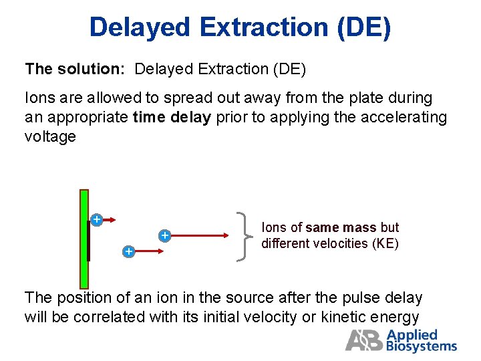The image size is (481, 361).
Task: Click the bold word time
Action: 148,118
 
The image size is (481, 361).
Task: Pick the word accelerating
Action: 404,118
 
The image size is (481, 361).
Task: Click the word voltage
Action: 50,137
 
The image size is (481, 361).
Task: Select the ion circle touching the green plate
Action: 96,219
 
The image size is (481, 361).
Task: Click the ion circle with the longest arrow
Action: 164,235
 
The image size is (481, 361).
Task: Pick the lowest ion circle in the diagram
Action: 128,251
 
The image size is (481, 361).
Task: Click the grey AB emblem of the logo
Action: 364,340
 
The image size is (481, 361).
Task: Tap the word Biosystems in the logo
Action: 422,346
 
